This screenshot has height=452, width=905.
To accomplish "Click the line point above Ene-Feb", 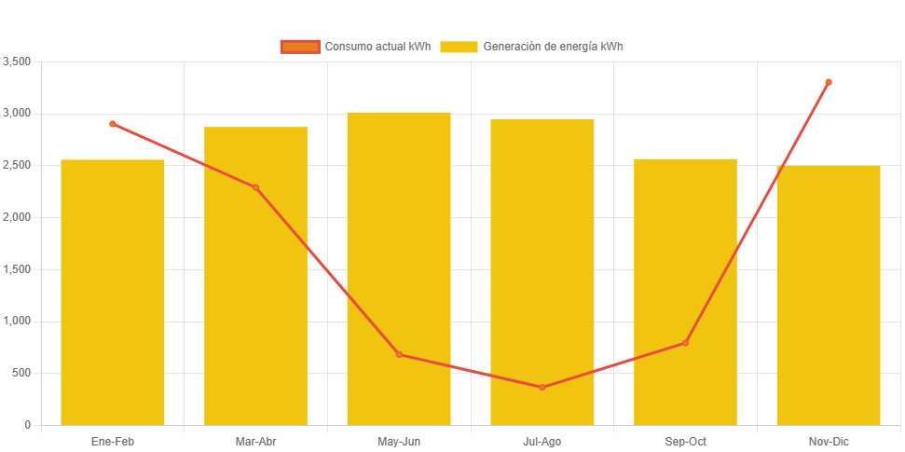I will [113, 124].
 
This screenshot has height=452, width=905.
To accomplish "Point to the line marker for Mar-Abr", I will [255, 187].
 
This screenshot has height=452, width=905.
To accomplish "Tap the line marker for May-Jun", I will [399, 354].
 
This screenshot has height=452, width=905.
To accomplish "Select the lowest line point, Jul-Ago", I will [542, 387].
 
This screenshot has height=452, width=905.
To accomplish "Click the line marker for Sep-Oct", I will [685, 343].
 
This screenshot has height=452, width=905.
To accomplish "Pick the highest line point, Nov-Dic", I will [829, 82].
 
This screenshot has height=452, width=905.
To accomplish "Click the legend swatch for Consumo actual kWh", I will [299, 47].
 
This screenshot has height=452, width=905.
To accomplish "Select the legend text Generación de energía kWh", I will [553, 47].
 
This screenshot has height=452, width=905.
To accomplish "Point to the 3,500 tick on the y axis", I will [18, 62].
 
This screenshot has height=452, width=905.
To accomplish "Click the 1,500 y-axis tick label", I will [18, 269].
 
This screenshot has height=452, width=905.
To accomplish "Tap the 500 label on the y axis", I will [22, 373].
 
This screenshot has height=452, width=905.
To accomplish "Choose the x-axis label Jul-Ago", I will [542, 441].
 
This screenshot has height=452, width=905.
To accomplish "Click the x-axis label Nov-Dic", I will [829, 441].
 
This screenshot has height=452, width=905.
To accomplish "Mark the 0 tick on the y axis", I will [28, 425].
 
